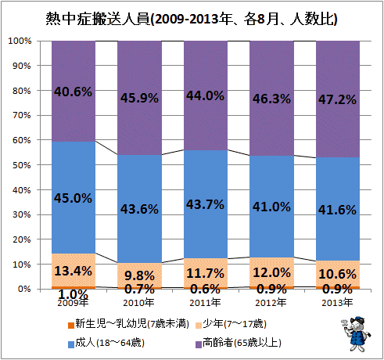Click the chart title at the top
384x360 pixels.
tap(192, 19)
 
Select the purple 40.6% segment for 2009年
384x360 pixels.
tap(74, 92)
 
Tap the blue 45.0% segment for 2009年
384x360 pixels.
tap(74, 197)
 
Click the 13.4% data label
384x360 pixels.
tap(74, 271)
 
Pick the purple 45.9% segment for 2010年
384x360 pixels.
tap(139, 98)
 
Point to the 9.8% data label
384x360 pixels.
tap(139, 275)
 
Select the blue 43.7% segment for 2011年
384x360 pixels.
tap(206, 204)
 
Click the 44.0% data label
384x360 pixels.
tap(205, 95)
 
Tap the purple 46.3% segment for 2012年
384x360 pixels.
tap(272, 99)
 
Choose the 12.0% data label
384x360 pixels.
tap(271, 272)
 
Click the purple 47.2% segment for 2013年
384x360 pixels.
tap(338, 99)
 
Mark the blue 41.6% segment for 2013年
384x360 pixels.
tap(338, 209)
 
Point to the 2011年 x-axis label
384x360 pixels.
tap(205, 303)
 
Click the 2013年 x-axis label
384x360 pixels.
tap(337, 303)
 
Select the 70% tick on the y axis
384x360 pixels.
tap(22, 115)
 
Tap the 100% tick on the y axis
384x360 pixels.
tap(20, 41)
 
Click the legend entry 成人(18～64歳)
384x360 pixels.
tap(106, 343)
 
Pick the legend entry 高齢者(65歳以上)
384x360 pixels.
tap(239, 343)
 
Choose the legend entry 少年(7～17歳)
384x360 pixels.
tap(231, 324)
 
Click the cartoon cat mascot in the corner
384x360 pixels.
tap(355, 334)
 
